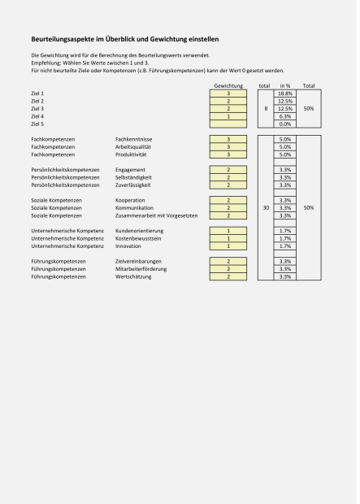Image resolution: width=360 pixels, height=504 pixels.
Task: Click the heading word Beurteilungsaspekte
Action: pos(57,39)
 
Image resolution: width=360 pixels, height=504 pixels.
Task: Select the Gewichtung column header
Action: pos(228,85)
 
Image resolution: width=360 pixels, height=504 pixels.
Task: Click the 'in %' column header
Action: pos(285,85)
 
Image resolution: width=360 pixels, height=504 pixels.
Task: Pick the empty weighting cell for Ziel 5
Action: pos(228,124)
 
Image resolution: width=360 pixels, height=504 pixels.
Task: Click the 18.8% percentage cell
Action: pos(285,93)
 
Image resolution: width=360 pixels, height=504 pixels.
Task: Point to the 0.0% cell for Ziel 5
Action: pos(285,124)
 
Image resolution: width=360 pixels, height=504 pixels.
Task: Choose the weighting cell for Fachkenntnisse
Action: pos(228,139)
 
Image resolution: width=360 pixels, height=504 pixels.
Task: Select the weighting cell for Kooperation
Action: pos(228,200)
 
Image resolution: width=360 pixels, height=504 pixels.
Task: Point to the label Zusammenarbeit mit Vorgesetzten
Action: pos(157,215)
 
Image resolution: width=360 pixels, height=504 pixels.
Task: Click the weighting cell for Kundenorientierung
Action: pos(228,231)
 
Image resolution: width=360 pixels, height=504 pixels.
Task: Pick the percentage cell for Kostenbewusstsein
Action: pos(285,238)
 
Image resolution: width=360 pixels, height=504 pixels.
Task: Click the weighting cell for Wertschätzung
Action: pos(228,276)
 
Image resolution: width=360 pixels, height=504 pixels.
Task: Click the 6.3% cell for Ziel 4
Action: pos(285,116)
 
